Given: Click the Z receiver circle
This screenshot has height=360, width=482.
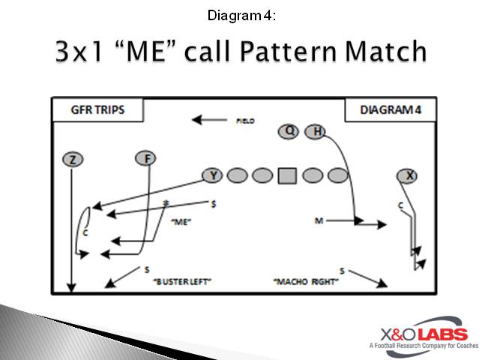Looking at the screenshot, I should click(x=71, y=159).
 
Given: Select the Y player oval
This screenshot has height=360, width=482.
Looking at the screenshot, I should click(x=213, y=175).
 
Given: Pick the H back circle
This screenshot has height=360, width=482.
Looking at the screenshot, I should click(x=316, y=132).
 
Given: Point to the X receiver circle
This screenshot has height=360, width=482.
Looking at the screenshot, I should click(x=408, y=175).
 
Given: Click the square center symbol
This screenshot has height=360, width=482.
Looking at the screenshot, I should click(x=287, y=175).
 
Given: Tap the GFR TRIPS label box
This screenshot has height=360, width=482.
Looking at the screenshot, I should click(x=97, y=110).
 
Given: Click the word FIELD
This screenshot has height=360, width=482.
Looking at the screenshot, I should click(x=246, y=120).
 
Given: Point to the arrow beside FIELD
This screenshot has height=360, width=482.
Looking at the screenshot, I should click(x=208, y=118).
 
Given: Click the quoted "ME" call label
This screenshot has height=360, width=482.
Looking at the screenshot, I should click(x=182, y=221).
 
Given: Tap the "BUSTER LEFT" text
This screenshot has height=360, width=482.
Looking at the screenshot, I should click(x=182, y=281).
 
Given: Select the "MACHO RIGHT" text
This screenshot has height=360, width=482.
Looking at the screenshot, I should click(x=306, y=281).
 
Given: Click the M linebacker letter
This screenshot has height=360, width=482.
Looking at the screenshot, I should click(x=319, y=220).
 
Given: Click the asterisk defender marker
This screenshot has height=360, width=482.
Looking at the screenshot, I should click(x=166, y=203).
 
